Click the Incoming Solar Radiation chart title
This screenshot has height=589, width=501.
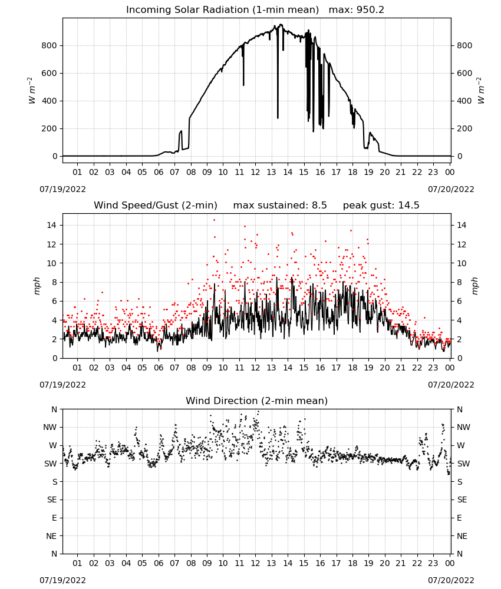tap(222, 9)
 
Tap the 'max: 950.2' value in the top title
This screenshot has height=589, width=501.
tap(357, 9)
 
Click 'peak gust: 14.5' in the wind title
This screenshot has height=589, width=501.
tap(381, 205)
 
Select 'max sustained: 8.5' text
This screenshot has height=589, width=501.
tap(279, 205)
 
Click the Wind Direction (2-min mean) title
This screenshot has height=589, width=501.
tap(257, 401)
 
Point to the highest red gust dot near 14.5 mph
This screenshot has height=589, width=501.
tap(214, 220)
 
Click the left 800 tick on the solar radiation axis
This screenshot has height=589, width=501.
tap(50, 45)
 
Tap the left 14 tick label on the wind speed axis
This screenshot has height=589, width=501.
tap(52, 225)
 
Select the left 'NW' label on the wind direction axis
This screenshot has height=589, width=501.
tap(50, 427)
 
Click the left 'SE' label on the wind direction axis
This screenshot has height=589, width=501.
tap(52, 499)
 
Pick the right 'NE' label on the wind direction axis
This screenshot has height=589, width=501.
tap(462, 536)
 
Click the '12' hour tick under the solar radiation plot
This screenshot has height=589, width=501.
tap(255, 172)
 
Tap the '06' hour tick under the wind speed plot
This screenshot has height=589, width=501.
tap(159, 368)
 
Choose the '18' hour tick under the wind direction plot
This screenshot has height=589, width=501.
tap(352, 563)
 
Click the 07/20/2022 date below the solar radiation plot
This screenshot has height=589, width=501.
tap(451, 189)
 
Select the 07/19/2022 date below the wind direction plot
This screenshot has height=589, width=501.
tap(62, 580)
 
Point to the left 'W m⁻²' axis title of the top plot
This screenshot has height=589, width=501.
tap(32, 91)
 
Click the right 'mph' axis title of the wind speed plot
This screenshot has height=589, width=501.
tap(474, 286)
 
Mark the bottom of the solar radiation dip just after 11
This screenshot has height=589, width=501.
tap(243, 85)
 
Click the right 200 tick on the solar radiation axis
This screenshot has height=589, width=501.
tap(464, 128)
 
